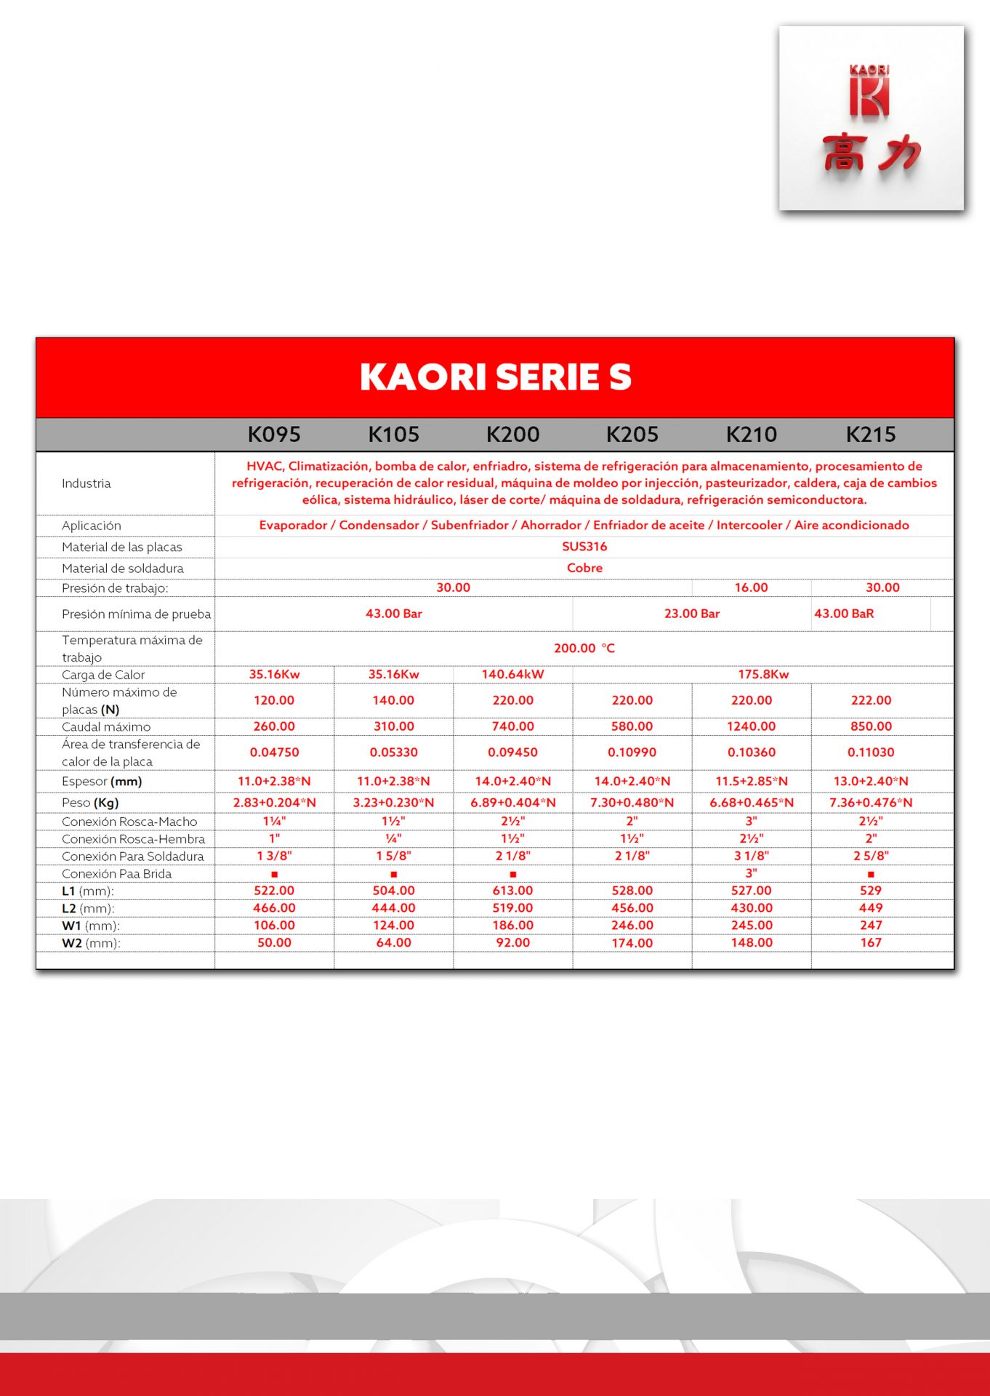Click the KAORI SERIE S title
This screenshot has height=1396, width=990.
pos(496,377)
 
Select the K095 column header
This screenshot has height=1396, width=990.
pos(274,435)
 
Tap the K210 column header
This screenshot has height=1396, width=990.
pos(752,435)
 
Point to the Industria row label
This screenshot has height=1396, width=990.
pos(86,484)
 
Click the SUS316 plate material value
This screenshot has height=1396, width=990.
pos(584,546)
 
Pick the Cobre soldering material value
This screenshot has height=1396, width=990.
pos(584,568)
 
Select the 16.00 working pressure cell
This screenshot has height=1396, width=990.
pos(751,587)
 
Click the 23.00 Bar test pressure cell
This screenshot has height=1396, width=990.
pos(691,614)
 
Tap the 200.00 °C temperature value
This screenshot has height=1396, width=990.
pos(584,648)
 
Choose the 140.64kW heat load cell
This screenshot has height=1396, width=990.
pos(512,674)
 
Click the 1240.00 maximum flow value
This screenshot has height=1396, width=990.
pos(752,726)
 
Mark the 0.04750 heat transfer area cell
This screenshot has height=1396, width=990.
pos(274,753)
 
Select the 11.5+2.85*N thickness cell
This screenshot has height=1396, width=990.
pos(752,781)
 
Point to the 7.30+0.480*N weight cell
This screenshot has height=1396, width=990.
pos(632,803)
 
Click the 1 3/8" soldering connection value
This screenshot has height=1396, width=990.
pos(274,856)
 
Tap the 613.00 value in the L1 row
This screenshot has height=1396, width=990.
pos(512,891)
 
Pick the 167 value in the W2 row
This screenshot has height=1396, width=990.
pos(871,942)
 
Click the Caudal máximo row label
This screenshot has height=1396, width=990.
pos(106,726)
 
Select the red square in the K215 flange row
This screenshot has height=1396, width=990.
pos(871,874)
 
